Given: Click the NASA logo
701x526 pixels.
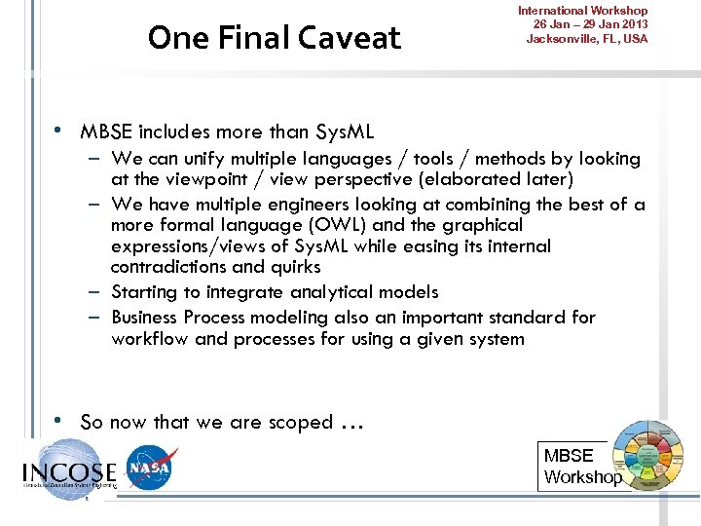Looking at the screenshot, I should pyautogui.click(x=152, y=469).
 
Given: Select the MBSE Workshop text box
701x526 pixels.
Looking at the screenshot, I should pyautogui.click(x=581, y=467).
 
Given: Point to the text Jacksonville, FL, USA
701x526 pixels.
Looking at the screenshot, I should pyautogui.click(x=586, y=39).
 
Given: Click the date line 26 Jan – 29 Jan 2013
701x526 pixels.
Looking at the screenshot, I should pyautogui.click(x=589, y=24).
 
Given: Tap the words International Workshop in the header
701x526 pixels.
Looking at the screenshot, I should pyautogui.click(x=589, y=11).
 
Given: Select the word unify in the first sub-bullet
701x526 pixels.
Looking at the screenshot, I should pyautogui.click(x=205, y=159).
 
